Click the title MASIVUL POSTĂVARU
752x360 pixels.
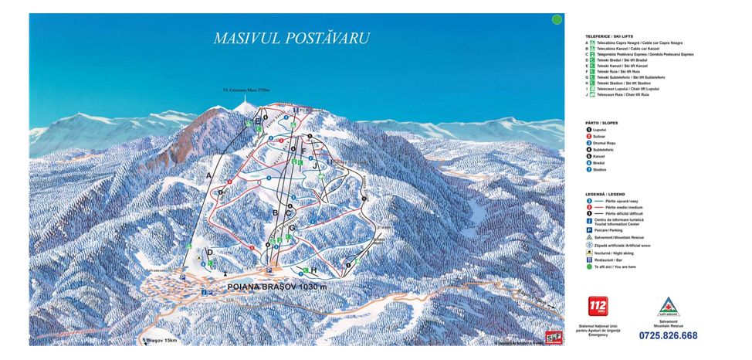click(291, 38)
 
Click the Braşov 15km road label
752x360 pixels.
click(161, 341)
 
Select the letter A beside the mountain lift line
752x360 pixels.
click(208, 176)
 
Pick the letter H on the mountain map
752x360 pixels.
click(313, 270)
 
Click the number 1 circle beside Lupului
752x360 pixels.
click(590, 130)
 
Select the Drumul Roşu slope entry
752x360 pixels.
click(608, 143)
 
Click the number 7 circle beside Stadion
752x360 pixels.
click(590, 170)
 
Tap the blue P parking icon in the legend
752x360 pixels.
click(590, 230)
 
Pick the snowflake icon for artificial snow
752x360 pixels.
click(590, 245)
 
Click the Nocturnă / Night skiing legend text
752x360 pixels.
click(614, 253)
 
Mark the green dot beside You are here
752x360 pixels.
click(590, 267)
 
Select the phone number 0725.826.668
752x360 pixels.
click(668, 335)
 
